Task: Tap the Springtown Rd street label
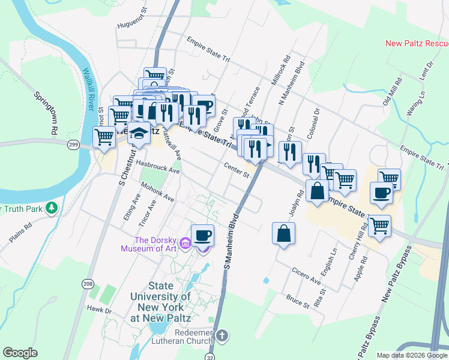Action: pyautogui.click(x=46, y=112)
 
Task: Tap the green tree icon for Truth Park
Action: pyautogui.click(x=53, y=208)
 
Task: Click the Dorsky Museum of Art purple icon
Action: pyautogui.click(x=185, y=243)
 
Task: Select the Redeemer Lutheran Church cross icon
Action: pyautogui.click(x=222, y=336)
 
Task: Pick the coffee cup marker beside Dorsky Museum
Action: pyautogui.click(x=203, y=235)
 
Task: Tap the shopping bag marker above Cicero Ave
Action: pyautogui.click(x=284, y=233)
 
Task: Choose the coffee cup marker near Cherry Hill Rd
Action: pyautogui.click(x=382, y=193)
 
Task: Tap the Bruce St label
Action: pyautogui.click(x=298, y=301)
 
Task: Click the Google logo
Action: pyautogui.click(x=20, y=353)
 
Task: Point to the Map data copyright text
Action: pyautogui.click(x=411, y=355)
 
